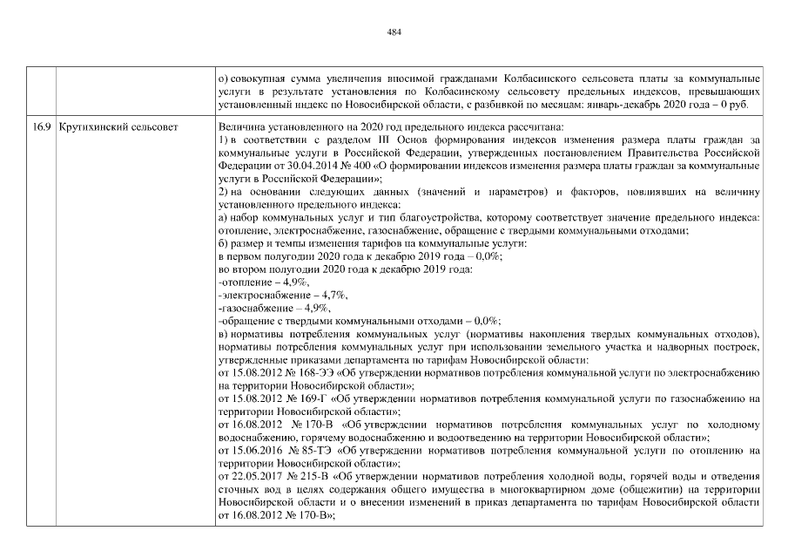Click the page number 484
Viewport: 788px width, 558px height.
394,32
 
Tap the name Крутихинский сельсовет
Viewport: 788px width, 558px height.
118,128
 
